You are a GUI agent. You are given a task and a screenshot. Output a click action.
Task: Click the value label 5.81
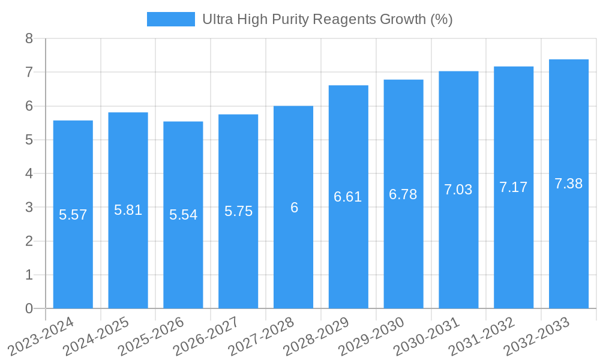pyautogui.click(x=128, y=210)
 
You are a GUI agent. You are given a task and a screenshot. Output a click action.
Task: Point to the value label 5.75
pyautogui.click(x=238, y=211)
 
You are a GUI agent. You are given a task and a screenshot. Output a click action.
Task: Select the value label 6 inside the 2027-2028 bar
pyautogui.click(x=294, y=208)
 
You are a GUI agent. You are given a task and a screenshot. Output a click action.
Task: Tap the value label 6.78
pyautogui.click(x=403, y=194)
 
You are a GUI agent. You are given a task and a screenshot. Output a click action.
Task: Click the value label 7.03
pyautogui.click(x=458, y=190)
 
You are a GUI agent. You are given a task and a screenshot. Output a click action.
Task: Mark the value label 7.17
pyautogui.click(x=514, y=187)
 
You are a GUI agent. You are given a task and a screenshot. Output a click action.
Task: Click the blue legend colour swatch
pyautogui.click(x=171, y=19)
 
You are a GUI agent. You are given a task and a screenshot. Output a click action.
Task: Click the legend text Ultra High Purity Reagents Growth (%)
pyautogui.click(x=327, y=19)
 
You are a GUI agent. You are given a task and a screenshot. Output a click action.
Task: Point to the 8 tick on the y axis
pyautogui.click(x=29, y=38)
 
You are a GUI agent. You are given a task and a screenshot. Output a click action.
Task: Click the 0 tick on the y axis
pyautogui.click(x=29, y=308)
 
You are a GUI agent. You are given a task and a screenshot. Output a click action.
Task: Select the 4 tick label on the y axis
pyautogui.click(x=29, y=173)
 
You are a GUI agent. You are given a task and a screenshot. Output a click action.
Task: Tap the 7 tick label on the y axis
pyautogui.click(x=29, y=72)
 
